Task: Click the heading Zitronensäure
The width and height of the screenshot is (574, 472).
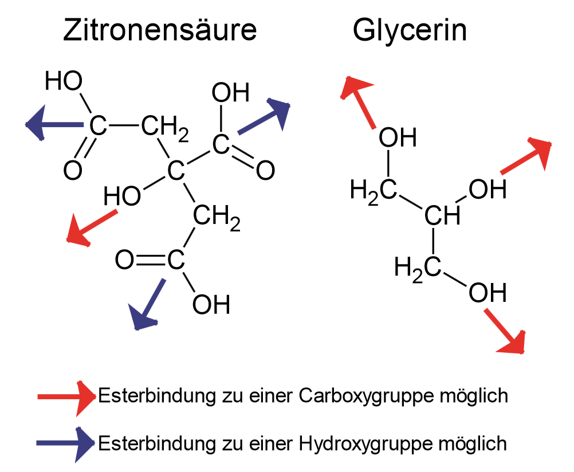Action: [x=160, y=30]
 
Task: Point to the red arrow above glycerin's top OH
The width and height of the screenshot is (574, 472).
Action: [x=357, y=103]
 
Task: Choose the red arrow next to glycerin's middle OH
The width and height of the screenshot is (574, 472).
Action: [x=526, y=156]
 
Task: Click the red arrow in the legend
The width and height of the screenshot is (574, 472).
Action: [x=67, y=398]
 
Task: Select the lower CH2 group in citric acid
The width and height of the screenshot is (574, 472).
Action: [x=217, y=218]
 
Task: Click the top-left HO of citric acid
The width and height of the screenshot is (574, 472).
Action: [x=64, y=81]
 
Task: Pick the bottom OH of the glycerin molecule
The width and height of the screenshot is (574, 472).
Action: [x=487, y=293]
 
